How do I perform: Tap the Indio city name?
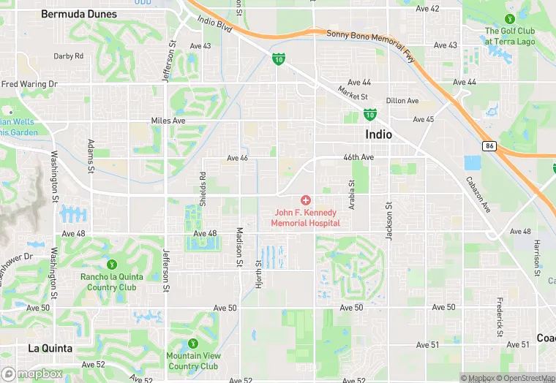tap(378, 134)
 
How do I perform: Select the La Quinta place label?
tap(49, 348)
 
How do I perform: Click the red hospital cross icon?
tap(305, 200)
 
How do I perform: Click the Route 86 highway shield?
tap(488, 145)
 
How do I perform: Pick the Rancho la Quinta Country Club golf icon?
tap(111, 264)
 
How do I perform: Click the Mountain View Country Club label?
tap(193, 361)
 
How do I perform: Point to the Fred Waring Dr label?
tap(29, 84)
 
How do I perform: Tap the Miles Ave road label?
tap(168, 120)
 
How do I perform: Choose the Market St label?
tap(353, 94)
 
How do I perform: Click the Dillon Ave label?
tap(402, 101)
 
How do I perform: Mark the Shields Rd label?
tap(203, 189)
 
